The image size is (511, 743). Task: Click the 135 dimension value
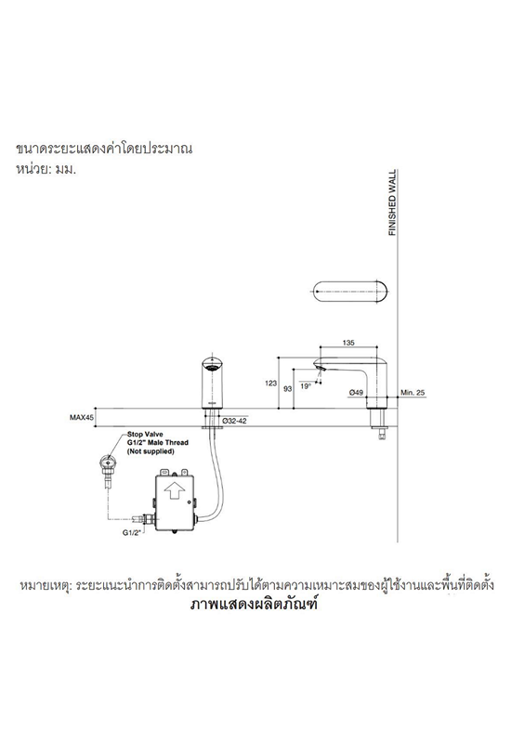coord(347,342)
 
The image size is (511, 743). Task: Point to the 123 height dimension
coord(270,384)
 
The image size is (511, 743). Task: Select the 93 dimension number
coord(287,388)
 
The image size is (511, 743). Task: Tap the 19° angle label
coord(306,386)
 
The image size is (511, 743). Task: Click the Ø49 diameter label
coord(356,392)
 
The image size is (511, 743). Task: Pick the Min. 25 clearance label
coord(413,392)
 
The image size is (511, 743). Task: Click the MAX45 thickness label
coord(82,417)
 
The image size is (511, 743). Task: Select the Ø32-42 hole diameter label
coord(234,421)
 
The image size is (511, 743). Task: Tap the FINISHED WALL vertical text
coord(392,202)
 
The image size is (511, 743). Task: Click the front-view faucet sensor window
coord(211,366)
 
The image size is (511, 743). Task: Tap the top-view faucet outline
coord(350,291)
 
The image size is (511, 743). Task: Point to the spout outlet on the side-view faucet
coord(320,368)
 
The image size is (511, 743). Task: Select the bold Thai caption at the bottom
coord(254,606)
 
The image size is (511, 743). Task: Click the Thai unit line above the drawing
coord(46,170)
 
